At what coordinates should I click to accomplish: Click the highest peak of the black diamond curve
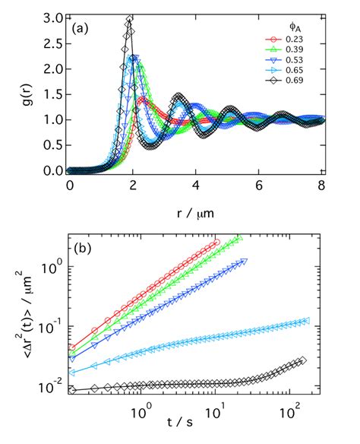click(130, 18)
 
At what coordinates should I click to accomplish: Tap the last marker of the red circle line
click(216, 242)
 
